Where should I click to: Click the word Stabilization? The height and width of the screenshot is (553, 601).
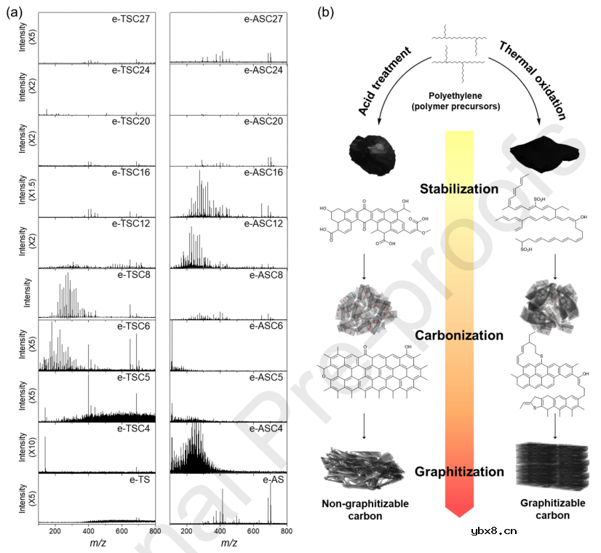[459, 189]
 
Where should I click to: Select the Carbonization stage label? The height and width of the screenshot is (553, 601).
[458, 335]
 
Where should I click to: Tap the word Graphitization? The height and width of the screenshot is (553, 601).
[459, 472]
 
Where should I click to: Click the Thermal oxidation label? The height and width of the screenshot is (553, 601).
[532, 80]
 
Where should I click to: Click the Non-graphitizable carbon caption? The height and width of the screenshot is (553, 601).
[365, 509]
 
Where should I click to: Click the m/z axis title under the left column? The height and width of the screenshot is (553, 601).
[97, 543]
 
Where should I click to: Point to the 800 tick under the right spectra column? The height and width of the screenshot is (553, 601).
[286, 531]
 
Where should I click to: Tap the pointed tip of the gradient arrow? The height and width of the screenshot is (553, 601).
[458, 516]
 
